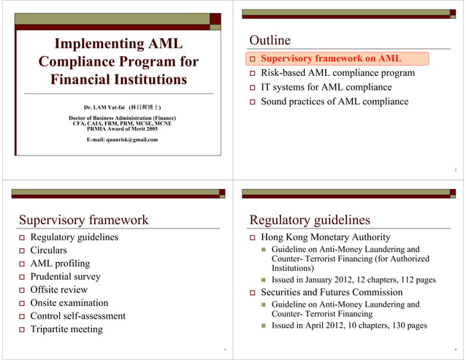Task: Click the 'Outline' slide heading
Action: tap(270, 40)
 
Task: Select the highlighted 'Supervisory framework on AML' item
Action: tap(331, 58)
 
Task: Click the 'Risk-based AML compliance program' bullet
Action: tap(337, 73)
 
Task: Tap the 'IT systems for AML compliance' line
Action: tap(326, 87)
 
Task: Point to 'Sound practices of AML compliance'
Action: tap(334, 102)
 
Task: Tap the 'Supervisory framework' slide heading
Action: tap(83, 220)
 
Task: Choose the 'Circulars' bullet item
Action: tap(50, 250)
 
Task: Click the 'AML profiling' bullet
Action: tap(60, 264)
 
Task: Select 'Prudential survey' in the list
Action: tap(65, 277)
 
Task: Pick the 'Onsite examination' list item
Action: tap(69, 303)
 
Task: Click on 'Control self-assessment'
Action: tap(77, 316)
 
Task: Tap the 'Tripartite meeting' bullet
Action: tap(66, 329)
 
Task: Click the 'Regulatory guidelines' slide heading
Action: tap(310, 220)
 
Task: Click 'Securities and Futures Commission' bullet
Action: tap(332, 292)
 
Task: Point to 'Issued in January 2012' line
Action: tap(353, 280)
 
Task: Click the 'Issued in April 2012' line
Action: tap(349, 326)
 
